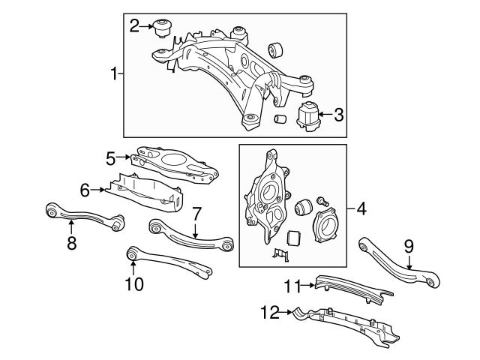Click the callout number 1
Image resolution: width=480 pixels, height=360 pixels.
(115, 73)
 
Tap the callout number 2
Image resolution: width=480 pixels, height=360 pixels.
(134, 26)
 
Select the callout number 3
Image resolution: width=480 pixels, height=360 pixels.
(338, 115)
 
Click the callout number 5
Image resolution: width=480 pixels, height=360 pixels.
(110, 157)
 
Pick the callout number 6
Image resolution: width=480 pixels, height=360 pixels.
(84, 190)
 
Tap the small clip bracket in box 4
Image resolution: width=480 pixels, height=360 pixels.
(277, 256)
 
